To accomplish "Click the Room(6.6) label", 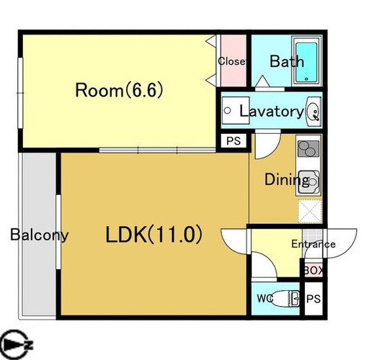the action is tap(120, 90).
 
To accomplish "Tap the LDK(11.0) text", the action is tap(154, 235).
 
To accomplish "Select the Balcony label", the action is tap(40, 235).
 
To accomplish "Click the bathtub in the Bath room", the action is tap(306, 62).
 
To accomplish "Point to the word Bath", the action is tap(287, 61).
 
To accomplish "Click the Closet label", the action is tap(232, 61).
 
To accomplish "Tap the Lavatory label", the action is tap(272, 112).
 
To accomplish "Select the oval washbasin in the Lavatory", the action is tap(314, 112).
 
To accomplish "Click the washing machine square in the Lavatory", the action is tap(236, 110).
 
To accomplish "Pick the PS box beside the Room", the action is tap(234, 141).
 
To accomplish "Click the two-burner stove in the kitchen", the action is tap(308, 149).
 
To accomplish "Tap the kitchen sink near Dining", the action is tap(309, 183).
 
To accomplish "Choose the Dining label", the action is tap(287, 179).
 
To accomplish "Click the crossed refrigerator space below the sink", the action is tap(310, 211).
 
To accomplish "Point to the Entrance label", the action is tap(314, 244).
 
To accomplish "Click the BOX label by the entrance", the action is tap(314, 271).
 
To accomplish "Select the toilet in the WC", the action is tap(286, 299).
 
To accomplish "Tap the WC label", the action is tap(265, 299).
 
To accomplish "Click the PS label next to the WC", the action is tap(314, 299).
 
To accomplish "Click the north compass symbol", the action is tap(16, 344).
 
